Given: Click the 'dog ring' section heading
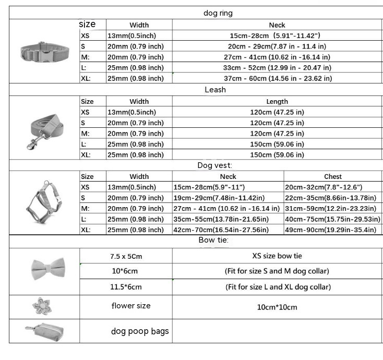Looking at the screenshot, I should [x=218, y=13].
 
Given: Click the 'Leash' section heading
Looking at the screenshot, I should [x=215, y=90].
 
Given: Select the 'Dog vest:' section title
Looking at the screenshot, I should [x=215, y=165].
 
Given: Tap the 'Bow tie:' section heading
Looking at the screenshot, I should [x=213, y=240].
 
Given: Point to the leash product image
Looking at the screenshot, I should [x=42, y=128].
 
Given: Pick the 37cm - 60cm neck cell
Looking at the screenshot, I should [x=277, y=79].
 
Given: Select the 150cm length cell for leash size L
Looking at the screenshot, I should [x=277, y=144].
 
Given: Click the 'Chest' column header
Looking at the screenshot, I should [x=333, y=177].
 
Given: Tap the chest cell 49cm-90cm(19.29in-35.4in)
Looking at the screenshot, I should [x=331, y=230].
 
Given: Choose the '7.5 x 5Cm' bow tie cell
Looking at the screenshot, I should [x=126, y=256].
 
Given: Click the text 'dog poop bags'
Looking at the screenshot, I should [x=140, y=331].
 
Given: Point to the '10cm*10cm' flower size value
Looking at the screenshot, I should [x=277, y=307].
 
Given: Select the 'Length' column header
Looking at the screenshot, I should [x=277, y=102].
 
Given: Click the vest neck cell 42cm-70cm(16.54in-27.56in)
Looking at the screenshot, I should [x=221, y=230].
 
